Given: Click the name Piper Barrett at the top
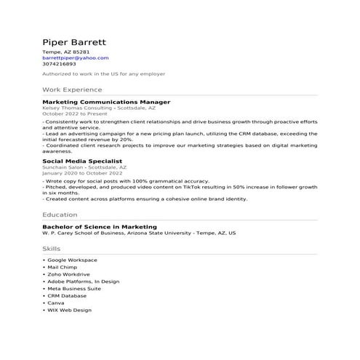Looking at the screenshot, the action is coord(74,41).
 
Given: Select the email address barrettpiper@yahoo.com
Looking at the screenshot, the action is coord(76,57).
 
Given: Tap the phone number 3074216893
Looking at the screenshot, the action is coord(59,63).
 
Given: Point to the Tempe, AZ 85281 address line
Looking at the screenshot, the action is coord(65,52).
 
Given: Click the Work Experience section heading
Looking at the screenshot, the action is coord(72,89).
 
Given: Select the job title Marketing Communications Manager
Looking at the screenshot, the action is coord(106,102).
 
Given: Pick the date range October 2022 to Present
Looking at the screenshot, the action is coord(74,113).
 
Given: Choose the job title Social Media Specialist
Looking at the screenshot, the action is coord(82,160).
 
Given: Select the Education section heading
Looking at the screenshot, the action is coord(60,215).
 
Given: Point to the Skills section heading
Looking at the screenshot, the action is coord(52,249).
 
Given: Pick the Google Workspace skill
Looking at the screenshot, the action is coord(72,260).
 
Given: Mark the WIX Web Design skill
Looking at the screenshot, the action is coord(69,310).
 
